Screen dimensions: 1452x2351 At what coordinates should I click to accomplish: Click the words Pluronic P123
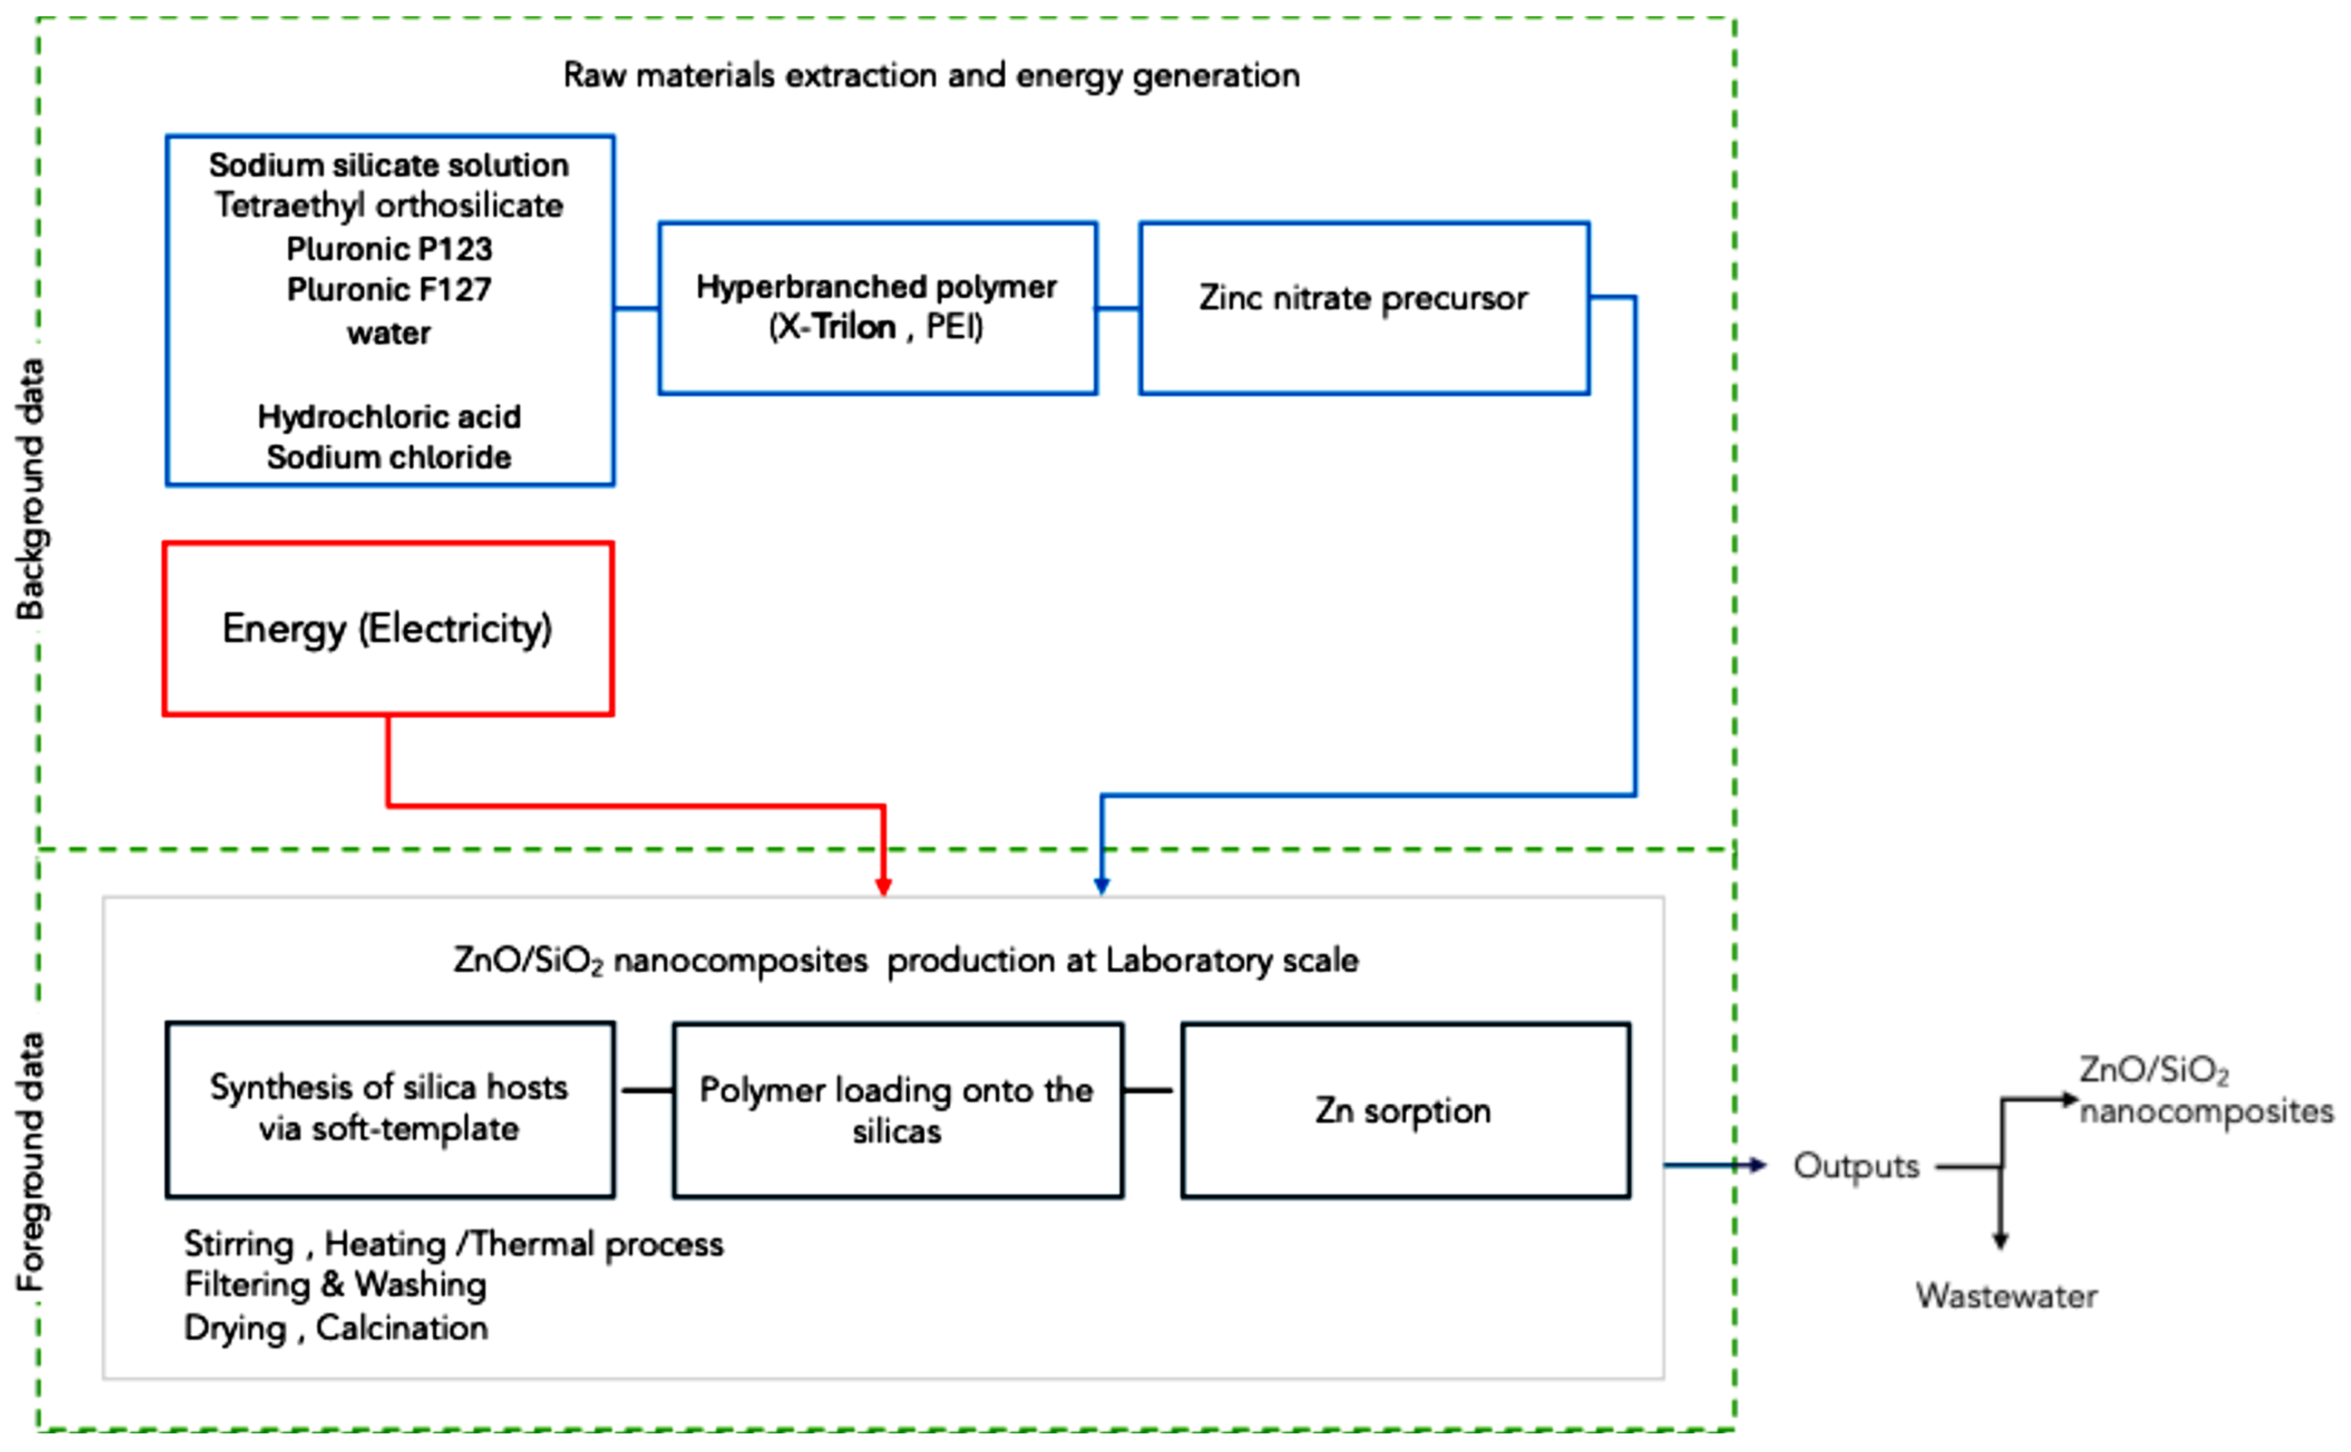pos(389,249)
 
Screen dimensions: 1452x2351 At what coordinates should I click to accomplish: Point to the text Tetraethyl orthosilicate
pos(389,205)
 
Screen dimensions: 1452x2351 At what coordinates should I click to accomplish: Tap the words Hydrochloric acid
pos(389,417)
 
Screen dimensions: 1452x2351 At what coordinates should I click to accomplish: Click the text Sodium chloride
pos(389,457)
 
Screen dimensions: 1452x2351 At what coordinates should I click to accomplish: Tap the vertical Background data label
pos(31,490)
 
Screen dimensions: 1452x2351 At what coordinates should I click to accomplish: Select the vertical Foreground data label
pos(31,1162)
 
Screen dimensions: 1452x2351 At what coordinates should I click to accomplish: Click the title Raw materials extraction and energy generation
pos(931,75)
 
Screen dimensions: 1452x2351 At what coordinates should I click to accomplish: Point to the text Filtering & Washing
pos(335,1285)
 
